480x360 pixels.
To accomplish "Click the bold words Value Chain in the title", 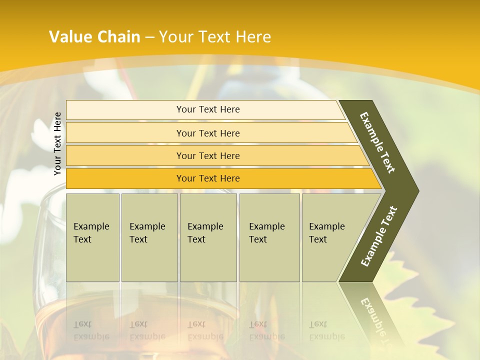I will click(x=94, y=37).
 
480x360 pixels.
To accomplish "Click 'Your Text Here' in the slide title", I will click(x=215, y=37).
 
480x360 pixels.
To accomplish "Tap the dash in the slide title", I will click(x=149, y=37).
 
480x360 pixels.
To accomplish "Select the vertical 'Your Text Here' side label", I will click(x=57, y=143).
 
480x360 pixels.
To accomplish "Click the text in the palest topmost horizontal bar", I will click(x=208, y=109).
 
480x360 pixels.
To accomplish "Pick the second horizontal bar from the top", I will click(x=208, y=133).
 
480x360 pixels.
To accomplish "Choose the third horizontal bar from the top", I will click(x=208, y=156).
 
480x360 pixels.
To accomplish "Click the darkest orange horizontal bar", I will click(x=208, y=178).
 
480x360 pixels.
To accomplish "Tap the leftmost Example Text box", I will click(x=92, y=237).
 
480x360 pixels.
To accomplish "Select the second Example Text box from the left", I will click(x=149, y=237).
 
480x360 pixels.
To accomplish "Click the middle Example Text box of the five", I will click(x=208, y=237).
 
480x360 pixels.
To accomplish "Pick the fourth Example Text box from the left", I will click(x=269, y=237).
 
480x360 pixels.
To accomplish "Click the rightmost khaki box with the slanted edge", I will click(x=330, y=237).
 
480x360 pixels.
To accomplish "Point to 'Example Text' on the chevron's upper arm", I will click(x=377, y=142).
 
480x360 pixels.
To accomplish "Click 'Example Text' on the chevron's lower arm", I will click(x=378, y=236).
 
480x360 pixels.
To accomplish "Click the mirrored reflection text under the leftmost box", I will click(x=91, y=330).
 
